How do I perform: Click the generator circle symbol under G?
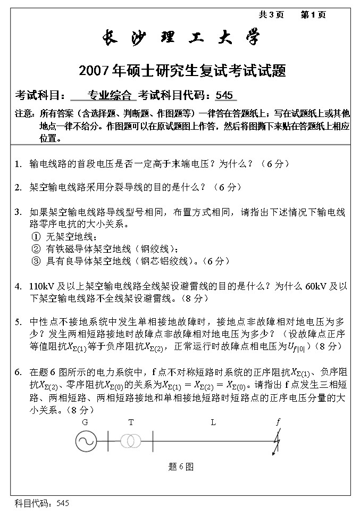coord(85,441)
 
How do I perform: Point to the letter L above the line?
coord(213,422)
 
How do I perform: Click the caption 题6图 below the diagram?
coord(180,467)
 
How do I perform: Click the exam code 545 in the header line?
coord(224,96)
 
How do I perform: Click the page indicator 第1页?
coord(313,15)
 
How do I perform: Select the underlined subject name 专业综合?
coord(110,96)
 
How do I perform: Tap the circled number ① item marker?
coord(36,237)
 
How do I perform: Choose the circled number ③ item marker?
coord(36,261)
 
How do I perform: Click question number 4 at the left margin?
coord(18,286)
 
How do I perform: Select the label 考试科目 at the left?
coord(35,96)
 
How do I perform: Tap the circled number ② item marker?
coord(36,249)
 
